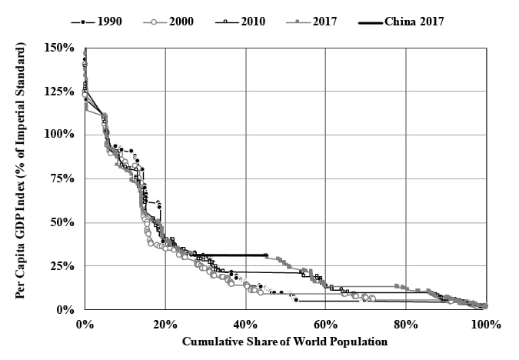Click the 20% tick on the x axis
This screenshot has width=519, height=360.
click(165, 324)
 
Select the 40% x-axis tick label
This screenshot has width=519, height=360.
click(245, 324)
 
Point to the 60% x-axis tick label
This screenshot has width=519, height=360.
click(325, 324)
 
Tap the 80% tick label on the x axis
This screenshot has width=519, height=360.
click(405, 324)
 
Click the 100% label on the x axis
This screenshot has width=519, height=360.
click(484, 324)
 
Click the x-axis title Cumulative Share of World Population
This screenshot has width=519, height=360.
click(284, 342)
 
